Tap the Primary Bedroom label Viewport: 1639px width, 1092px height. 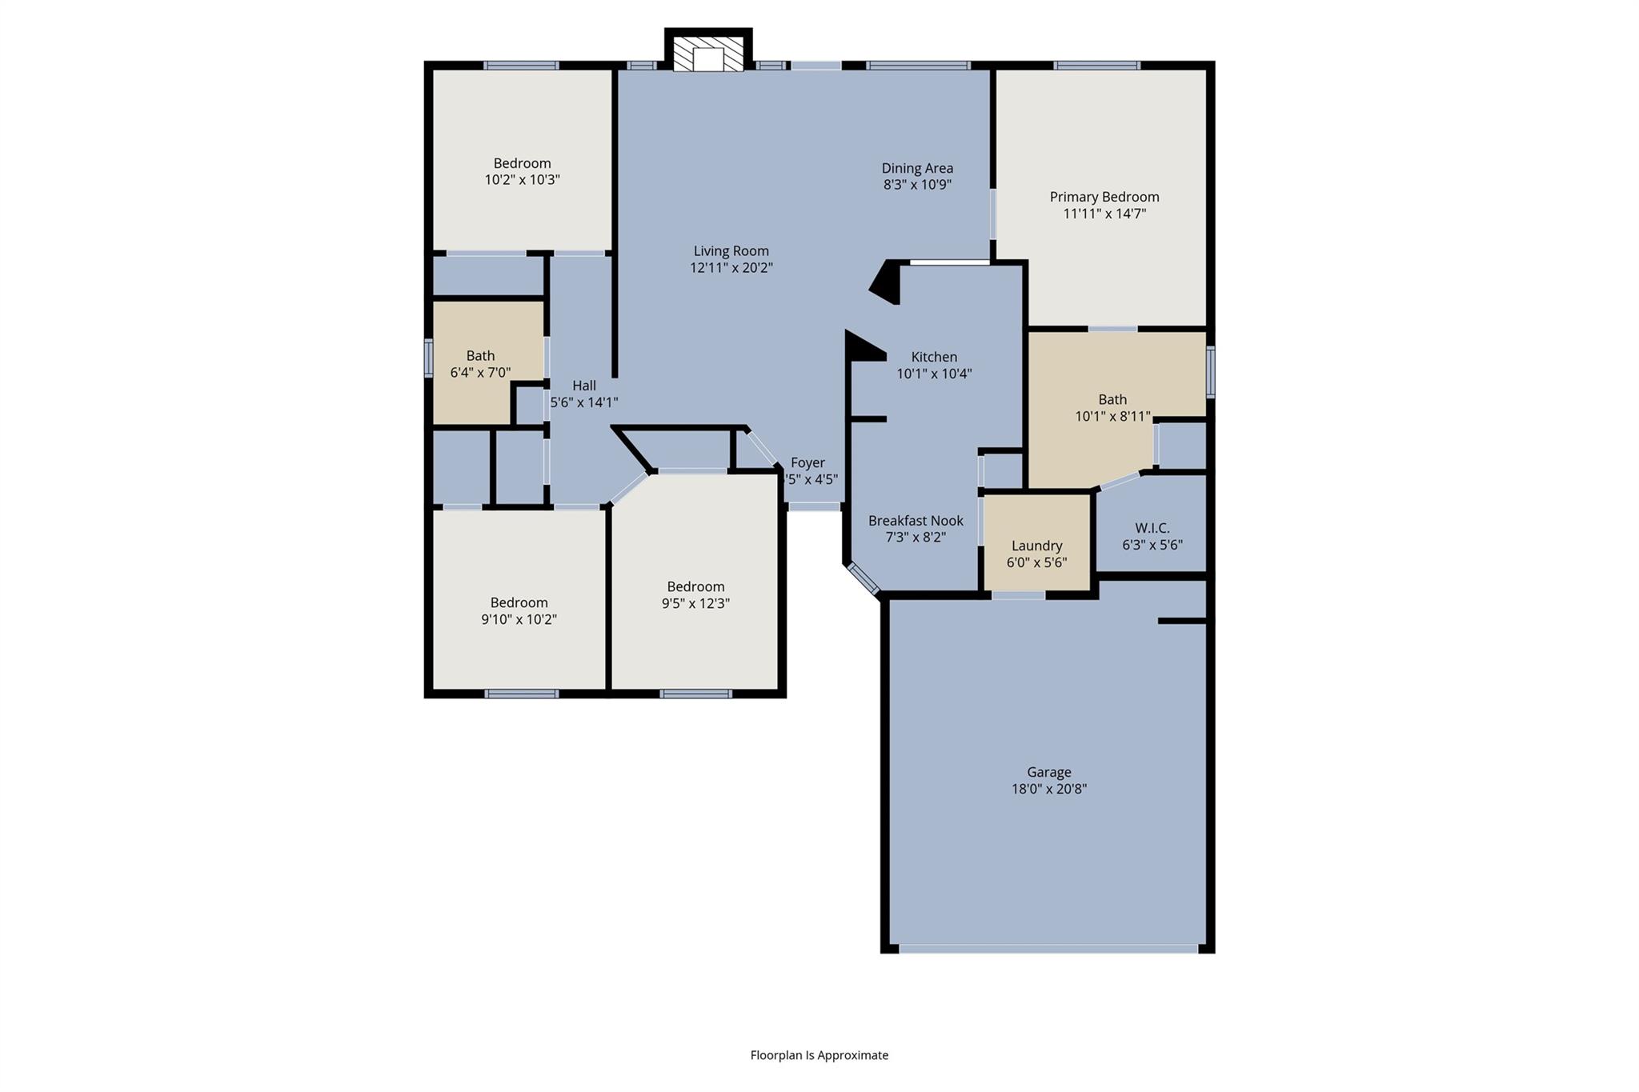[x=1104, y=197]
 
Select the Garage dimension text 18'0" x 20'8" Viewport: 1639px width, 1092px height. [x=1048, y=789]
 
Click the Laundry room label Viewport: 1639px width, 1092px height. [x=1036, y=546]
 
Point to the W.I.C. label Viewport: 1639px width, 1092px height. [x=1152, y=528]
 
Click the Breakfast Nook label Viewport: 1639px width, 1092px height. [x=916, y=521]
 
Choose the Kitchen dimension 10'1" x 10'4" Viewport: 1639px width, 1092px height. [x=934, y=374]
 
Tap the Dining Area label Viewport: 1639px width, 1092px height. [x=917, y=168]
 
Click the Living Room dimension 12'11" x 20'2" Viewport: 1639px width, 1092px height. [x=731, y=268]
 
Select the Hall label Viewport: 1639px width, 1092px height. [x=583, y=386]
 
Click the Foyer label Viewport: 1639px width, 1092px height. [x=807, y=462]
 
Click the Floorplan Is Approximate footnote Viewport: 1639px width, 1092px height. [x=819, y=1055]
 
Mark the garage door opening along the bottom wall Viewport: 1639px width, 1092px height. [x=1048, y=949]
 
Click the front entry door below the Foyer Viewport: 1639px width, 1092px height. [x=814, y=506]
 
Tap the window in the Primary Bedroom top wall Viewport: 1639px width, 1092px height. [x=1096, y=66]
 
